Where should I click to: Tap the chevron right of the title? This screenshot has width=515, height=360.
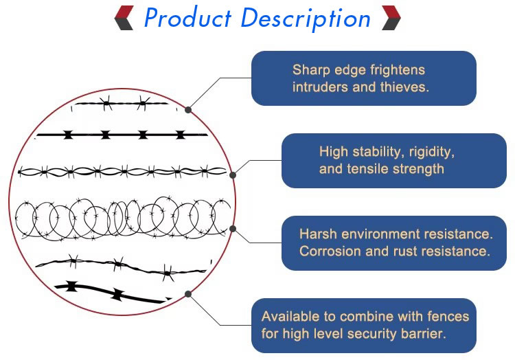click(x=391, y=18)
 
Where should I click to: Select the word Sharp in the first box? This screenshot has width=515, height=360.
click(x=310, y=69)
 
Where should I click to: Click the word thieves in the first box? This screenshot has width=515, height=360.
click(x=405, y=87)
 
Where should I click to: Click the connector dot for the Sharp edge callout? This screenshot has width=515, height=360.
click(x=189, y=109)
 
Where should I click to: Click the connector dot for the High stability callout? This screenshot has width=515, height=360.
click(x=233, y=175)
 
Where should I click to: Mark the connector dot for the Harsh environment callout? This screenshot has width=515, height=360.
click(x=233, y=229)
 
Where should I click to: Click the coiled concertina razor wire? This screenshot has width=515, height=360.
click(x=124, y=218)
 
